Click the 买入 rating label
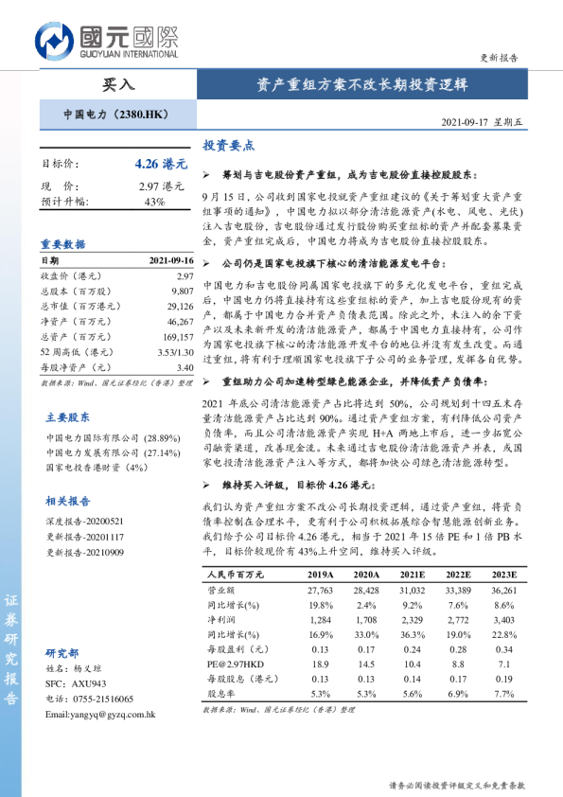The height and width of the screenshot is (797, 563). pos(117,84)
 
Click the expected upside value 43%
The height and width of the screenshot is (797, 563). pos(154,202)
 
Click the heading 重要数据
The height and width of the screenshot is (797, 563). pos(63,244)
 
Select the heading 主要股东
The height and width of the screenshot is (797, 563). pos(68,416)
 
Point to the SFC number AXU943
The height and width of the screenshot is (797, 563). pos(86,683)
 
